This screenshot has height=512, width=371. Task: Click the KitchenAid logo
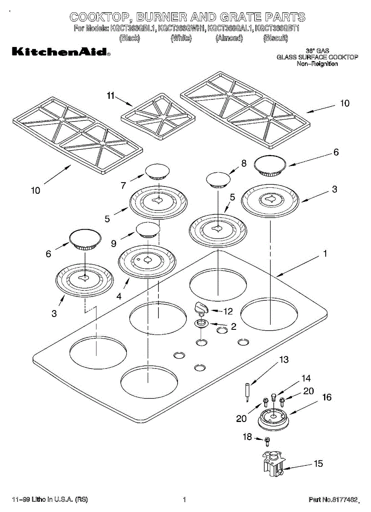(60, 52)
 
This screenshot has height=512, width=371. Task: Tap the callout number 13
(284, 360)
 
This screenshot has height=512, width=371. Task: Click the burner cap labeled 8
(217, 180)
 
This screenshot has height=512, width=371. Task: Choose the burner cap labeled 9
(148, 230)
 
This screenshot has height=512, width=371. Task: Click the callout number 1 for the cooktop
(325, 254)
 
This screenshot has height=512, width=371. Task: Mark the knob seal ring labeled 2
(202, 324)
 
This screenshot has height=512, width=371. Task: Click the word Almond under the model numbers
(229, 38)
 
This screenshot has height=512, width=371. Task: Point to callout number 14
(306, 378)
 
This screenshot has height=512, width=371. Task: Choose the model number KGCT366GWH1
(181, 29)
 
